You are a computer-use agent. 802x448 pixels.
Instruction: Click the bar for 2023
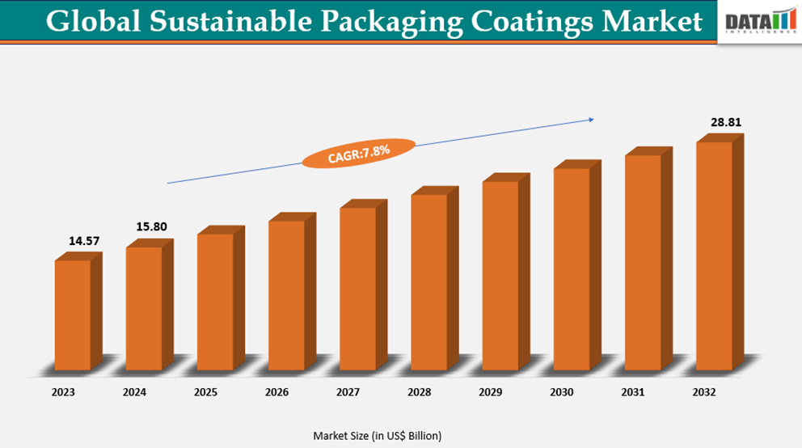pyautogui.click(x=73, y=315)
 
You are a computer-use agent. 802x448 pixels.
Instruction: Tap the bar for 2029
pyautogui.click(x=500, y=276)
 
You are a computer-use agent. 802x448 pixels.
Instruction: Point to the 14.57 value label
pyautogui.click(x=82, y=241)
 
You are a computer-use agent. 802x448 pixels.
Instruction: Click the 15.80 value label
pyautogui.click(x=150, y=226)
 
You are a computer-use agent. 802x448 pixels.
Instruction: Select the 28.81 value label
pyautogui.click(x=725, y=123)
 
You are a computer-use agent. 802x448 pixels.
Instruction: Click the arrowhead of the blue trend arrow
pyautogui.click(x=591, y=120)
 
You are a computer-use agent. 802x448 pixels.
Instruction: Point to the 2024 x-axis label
pyautogui.click(x=134, y=392)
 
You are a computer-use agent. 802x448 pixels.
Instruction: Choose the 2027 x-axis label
pyautogui.click(x=348, y=392)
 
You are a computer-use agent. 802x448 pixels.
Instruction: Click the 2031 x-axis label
pyautogui.click(x=633, y=392)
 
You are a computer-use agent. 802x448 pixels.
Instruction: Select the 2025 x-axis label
pyautogui.click(x=205, y=392)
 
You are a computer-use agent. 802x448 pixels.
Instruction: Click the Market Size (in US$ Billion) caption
pyautogui.click(x=378, y=436)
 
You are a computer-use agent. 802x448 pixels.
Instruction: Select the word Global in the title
pyautogui.click(x=87, y=21)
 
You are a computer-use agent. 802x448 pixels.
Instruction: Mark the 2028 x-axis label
pyautogui.click(x=420, y=392)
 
